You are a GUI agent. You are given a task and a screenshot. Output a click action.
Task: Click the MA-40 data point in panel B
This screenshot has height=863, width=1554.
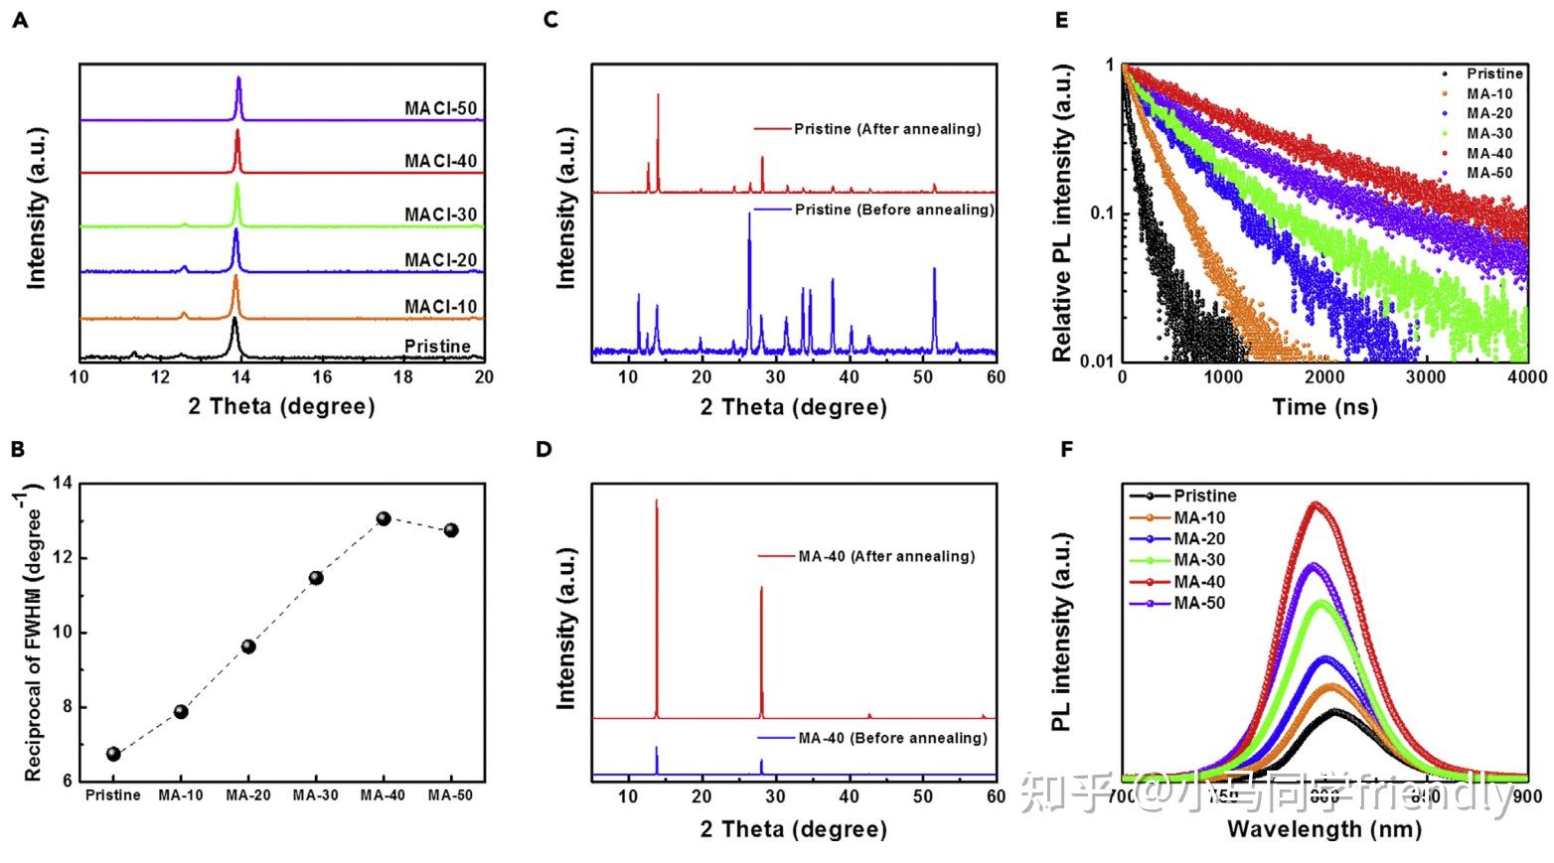pos(384,518)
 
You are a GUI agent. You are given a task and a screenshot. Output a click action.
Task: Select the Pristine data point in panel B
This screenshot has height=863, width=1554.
pos(113,754)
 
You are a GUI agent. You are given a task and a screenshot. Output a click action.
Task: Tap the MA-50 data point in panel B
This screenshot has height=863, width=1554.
pos(451,530)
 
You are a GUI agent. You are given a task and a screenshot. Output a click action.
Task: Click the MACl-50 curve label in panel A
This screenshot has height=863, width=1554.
pos(440,108)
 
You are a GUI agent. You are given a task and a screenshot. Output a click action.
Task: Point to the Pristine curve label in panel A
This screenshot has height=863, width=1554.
pos(437,346)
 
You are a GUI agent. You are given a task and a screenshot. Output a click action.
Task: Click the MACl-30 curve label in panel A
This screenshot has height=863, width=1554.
pos(440,215)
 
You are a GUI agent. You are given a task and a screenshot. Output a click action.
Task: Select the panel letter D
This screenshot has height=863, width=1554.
pos(544,449)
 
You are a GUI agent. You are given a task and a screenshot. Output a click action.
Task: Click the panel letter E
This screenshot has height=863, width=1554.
pos(1062,19)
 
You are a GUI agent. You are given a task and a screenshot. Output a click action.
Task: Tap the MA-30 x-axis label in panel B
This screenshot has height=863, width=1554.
pos(316,795)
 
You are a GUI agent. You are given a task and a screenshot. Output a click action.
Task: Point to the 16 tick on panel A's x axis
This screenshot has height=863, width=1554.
pos(322,377)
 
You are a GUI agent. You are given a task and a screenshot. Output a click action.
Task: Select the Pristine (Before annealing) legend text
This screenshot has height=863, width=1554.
pos(893,210)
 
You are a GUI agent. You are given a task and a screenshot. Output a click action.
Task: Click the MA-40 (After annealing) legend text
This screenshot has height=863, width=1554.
pos(886,556)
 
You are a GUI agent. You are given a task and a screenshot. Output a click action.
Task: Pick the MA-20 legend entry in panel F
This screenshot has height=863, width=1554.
pos(1199,539)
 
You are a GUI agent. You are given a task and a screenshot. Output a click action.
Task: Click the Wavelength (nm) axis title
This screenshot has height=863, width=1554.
pos(1323,828)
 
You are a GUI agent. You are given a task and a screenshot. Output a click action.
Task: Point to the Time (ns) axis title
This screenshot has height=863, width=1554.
pos(1324,406)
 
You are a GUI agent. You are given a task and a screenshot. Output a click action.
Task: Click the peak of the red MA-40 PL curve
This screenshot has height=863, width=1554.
pos(1318,503)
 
